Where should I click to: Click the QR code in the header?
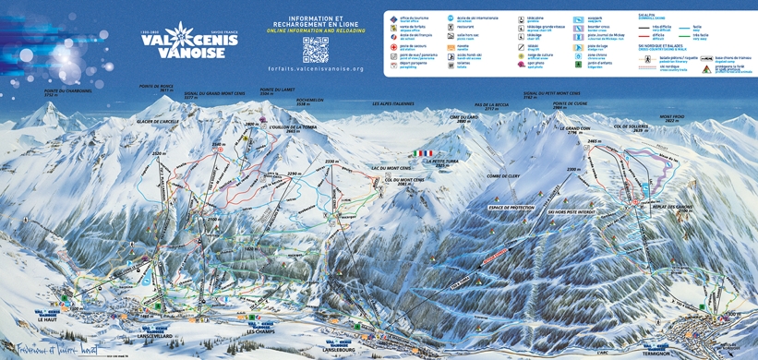click(x=315, y=47)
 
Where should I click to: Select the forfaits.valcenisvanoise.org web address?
click(x=314, y=68)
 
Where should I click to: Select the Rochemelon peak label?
click(x=310, y=101)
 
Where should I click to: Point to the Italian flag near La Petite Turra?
click(x=425, y=152)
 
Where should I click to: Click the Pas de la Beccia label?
click(x=491, y=106)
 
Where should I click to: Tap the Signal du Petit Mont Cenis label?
click(x=551, y=94)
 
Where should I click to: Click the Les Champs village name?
click(x=262, y=332)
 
